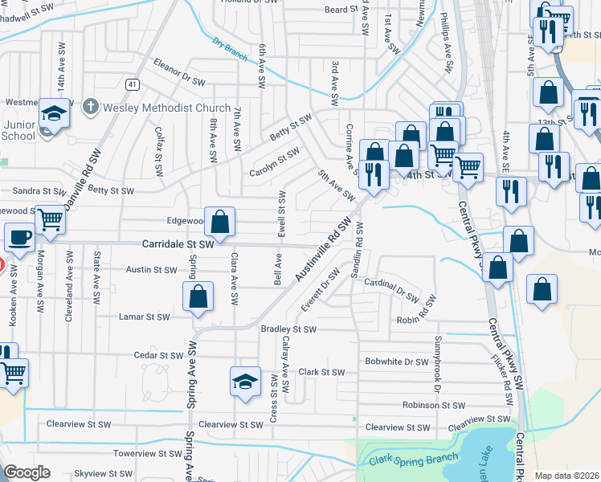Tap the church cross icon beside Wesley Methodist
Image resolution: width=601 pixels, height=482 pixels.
[91, 106]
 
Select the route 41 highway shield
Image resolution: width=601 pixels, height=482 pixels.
[132, 84]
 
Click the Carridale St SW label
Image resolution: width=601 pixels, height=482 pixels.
[178, 243]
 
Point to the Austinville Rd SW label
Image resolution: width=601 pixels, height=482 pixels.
[323, 251]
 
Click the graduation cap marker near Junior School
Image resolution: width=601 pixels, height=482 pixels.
[55, 113]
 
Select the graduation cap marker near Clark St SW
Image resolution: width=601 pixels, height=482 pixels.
[246, 381]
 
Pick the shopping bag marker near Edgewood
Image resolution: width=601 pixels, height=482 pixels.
[219, 222]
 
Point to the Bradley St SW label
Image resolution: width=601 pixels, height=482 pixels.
[288, 329]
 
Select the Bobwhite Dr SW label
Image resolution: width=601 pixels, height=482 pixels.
[396, 361]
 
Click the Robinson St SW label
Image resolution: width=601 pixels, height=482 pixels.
[434, 406]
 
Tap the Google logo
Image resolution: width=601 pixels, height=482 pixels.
[27, 472]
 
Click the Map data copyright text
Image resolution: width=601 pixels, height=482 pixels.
[567, 476]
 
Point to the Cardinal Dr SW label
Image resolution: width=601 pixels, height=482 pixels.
[390, 289]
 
